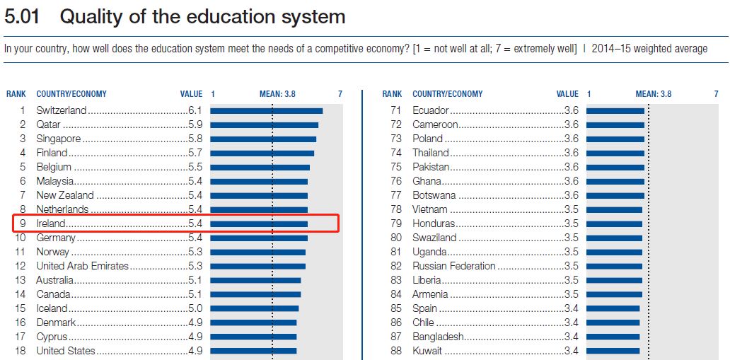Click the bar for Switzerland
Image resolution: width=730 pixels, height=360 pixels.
pyautogui.click(x=266, y=110)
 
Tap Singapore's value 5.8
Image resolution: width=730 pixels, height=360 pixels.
pyautogui.click(x=195, y=139)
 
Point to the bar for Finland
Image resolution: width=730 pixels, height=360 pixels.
pyautogui.click(x=262, y=153)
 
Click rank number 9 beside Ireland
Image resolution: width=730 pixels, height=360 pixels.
pyautogui.click(x=23, y=223)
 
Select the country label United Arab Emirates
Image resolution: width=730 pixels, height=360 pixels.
pyautogui.click(x=83, y=266)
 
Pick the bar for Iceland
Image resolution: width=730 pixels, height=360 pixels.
pyautogui.click(x=254, y=308)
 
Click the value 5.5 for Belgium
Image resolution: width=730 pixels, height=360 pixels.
pyautogui.click(x=195, y=167)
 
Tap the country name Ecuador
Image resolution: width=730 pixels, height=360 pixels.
pyautogui.click(x=431, y=110)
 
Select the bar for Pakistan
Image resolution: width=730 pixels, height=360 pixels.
pyautogui.click(x=615, y=167)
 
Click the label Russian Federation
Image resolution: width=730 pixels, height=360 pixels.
pyautogui.click(x=454, y=266)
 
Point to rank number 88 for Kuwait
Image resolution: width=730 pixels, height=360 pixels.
pyautogui.click(x=396, y=351)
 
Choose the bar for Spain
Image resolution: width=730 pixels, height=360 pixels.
pyautogui.click(x=613, y=308)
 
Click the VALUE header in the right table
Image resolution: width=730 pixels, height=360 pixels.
pyautogui.click(x=567, y=93)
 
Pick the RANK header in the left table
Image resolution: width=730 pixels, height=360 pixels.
pyautogui.click(x=16, y=93)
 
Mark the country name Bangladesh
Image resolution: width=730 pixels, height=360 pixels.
pyautogui.click(x=439, y=337)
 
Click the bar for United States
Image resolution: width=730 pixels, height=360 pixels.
pyautogui.click(x=253, y=351)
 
